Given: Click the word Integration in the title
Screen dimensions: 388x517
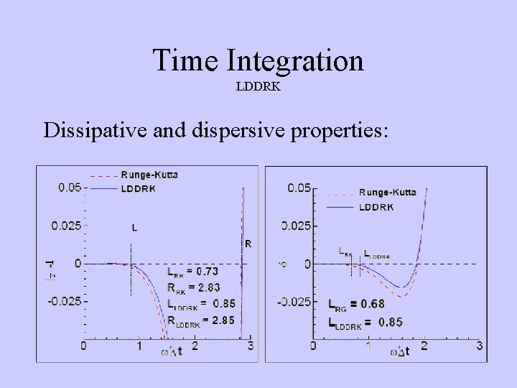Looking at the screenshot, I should click(x=295, y=62).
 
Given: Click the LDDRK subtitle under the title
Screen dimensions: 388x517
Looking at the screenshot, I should click(x=258, y=87).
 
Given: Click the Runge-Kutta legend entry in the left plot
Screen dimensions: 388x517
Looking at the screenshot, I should click(x=149, y=174).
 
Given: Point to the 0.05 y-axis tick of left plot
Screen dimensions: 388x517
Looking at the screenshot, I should click(x=69, y=188).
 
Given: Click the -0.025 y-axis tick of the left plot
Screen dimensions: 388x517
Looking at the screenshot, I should click(x=65, y=301).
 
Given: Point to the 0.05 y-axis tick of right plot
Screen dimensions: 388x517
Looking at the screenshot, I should click(x=299, y=188).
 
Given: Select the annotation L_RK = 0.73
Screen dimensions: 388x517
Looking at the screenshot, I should click(x=192, y=272).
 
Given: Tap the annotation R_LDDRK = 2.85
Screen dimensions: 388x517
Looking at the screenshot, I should click(x=200, y=320).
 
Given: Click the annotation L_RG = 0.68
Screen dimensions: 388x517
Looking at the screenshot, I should click(x=356, y=304).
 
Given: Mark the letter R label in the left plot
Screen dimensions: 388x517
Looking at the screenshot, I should click(x=248, y=244).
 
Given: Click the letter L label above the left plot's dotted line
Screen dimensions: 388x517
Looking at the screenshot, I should click(x=135, y=228).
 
